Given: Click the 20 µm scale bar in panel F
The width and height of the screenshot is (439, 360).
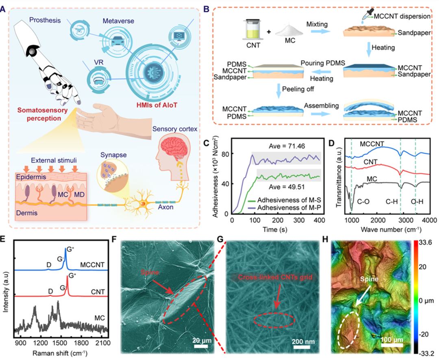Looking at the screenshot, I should tap(200, 340).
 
